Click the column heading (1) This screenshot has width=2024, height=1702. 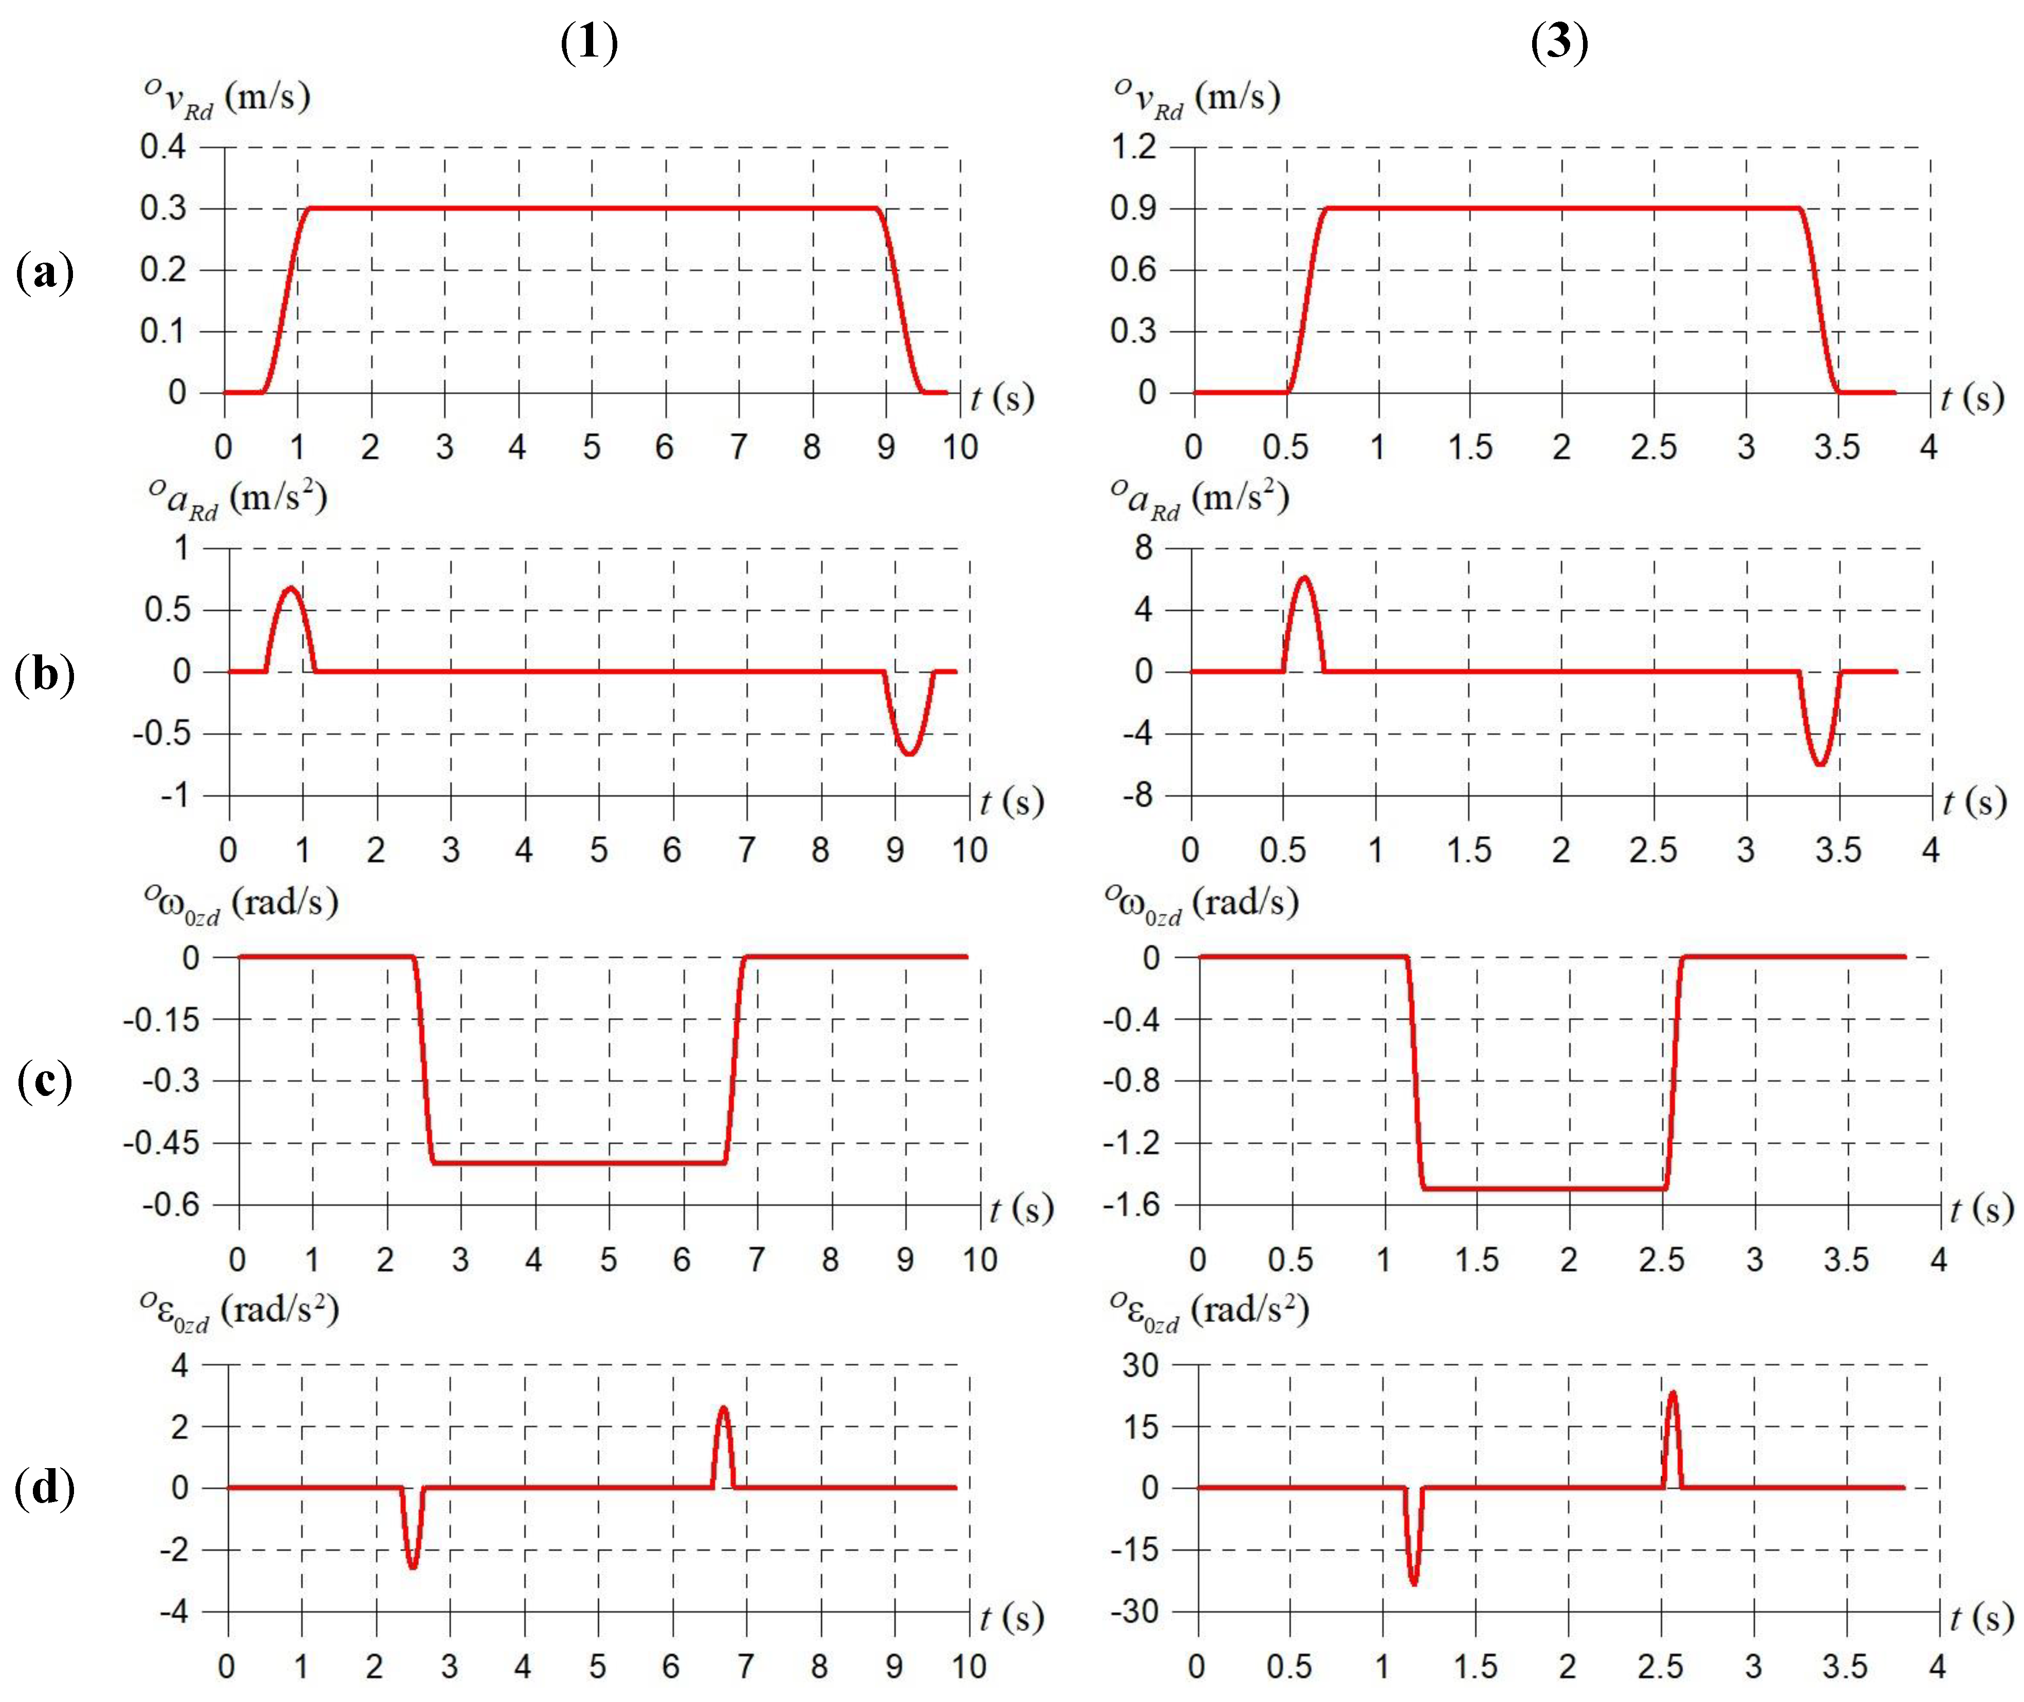coord(588,43)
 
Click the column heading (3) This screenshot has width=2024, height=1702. coord(1559,43)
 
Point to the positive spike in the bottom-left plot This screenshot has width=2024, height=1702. coord(724,1408)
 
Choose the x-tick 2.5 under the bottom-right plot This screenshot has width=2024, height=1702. coord(1660,1667)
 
